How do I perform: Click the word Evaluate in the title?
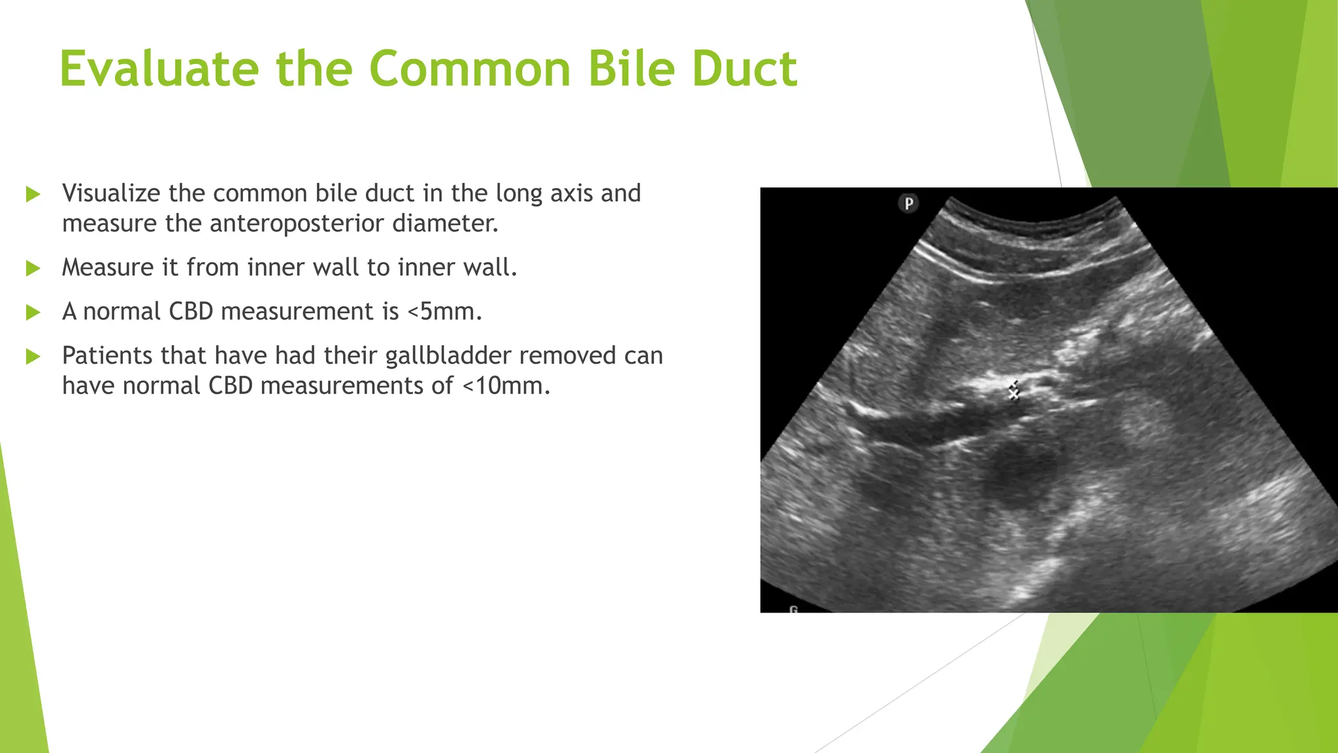[159, 69]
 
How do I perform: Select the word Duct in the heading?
[744, 69]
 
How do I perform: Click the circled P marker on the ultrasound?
[908, 203]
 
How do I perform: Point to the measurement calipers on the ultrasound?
[1013, 392]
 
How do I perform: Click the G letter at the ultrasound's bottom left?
[794, 609]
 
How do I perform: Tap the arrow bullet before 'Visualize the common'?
[33, 194]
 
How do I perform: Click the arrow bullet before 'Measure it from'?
[33, 268]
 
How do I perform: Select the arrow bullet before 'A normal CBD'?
[33, 312]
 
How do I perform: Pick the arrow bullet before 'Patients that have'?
[33, 357]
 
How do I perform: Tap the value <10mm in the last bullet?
[506, 386]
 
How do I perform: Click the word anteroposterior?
[297, 224]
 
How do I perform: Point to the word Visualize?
[111, 193]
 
